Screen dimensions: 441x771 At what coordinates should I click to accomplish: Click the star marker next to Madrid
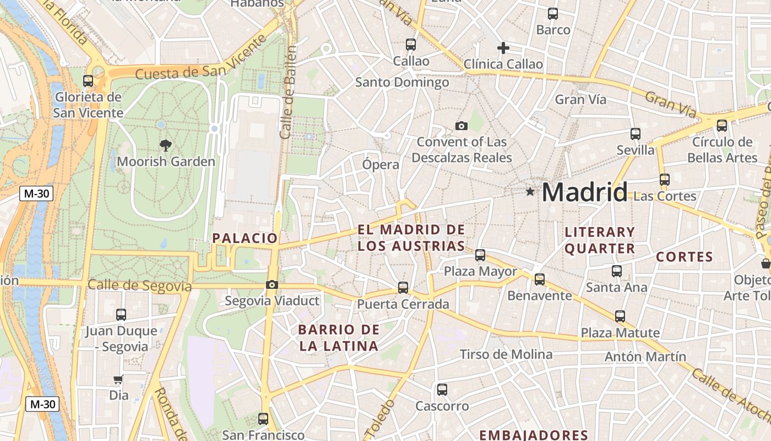530,192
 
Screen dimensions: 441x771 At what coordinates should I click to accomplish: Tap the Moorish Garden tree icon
165,146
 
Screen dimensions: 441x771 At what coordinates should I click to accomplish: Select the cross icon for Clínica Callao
503,48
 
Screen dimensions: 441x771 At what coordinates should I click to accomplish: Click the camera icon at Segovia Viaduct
272,284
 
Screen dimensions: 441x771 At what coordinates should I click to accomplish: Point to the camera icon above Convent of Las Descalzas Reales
461,126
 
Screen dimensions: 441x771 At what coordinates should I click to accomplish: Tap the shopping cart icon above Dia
118,379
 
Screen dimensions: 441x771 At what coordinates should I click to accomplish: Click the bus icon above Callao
411,44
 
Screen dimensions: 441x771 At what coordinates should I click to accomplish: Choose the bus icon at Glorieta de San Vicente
88,80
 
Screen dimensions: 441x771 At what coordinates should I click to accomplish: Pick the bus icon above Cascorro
442,390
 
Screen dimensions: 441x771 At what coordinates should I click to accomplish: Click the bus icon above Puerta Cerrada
403,287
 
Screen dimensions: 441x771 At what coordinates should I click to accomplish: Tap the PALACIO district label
245,238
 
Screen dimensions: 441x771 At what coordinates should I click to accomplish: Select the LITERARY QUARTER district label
600,240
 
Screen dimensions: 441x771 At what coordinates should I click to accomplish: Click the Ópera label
381,164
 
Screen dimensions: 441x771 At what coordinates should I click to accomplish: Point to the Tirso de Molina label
506,354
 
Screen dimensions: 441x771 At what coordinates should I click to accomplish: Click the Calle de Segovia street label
139,286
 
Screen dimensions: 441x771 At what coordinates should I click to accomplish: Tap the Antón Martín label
645,357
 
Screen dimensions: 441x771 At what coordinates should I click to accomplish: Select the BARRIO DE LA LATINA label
339,338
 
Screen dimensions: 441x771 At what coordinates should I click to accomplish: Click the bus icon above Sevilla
636,133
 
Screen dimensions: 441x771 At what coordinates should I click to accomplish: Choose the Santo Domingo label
402,83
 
